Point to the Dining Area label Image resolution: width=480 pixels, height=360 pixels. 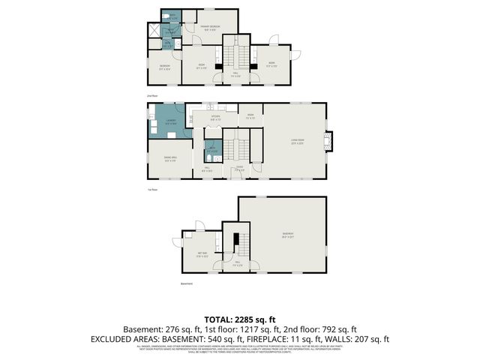pyautogui.click(x=169, y=158)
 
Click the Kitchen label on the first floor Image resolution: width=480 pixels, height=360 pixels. pyautogui.click(x=214, y=117)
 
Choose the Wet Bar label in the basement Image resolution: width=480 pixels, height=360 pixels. pyautogui.click(x=202, y=254)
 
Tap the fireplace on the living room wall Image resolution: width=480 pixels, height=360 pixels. pyautogui.click(x=329, y=140)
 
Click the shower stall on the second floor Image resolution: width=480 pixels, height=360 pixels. pyautogui.click(x=154, y=31)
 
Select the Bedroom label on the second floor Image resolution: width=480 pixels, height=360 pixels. pyautogui.click(x=164, y=67)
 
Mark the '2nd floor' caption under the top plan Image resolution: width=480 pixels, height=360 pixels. pyautogui.click(x=152, y=97)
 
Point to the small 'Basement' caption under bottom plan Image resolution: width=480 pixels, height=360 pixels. pyautogui.click(x=187, y=283)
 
